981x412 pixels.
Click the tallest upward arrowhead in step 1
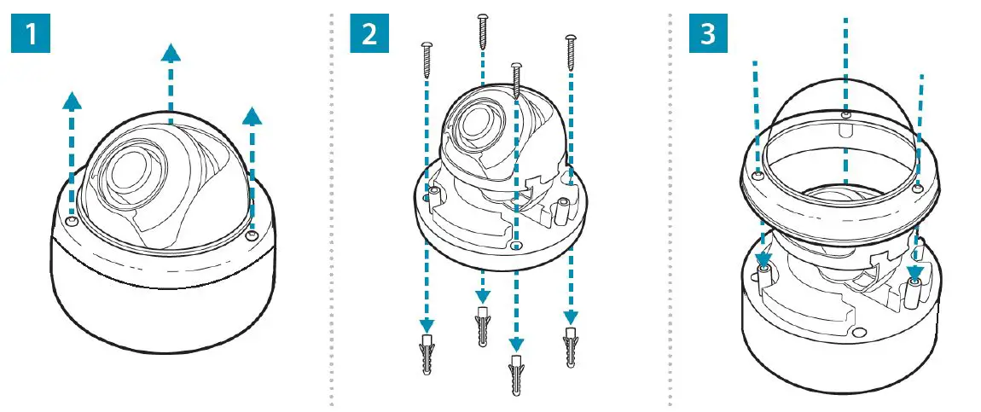point(171,55)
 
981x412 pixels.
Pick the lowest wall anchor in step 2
point(515,374)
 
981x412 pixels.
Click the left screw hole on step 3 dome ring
point(758,176)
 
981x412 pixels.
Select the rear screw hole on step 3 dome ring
point(845,113)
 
